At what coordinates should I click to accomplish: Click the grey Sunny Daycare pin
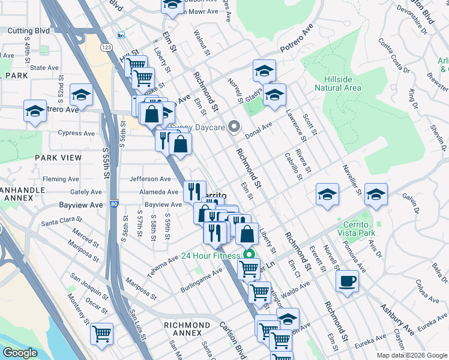[x=235, y=127]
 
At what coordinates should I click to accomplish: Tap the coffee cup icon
[x=347, y=281]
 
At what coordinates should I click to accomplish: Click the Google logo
[x=20, y=353]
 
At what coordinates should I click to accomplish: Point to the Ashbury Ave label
[x=396, y=318]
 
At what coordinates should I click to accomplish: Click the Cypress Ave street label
[x=76, y=133]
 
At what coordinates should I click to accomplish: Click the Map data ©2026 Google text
[x=412, y=355]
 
